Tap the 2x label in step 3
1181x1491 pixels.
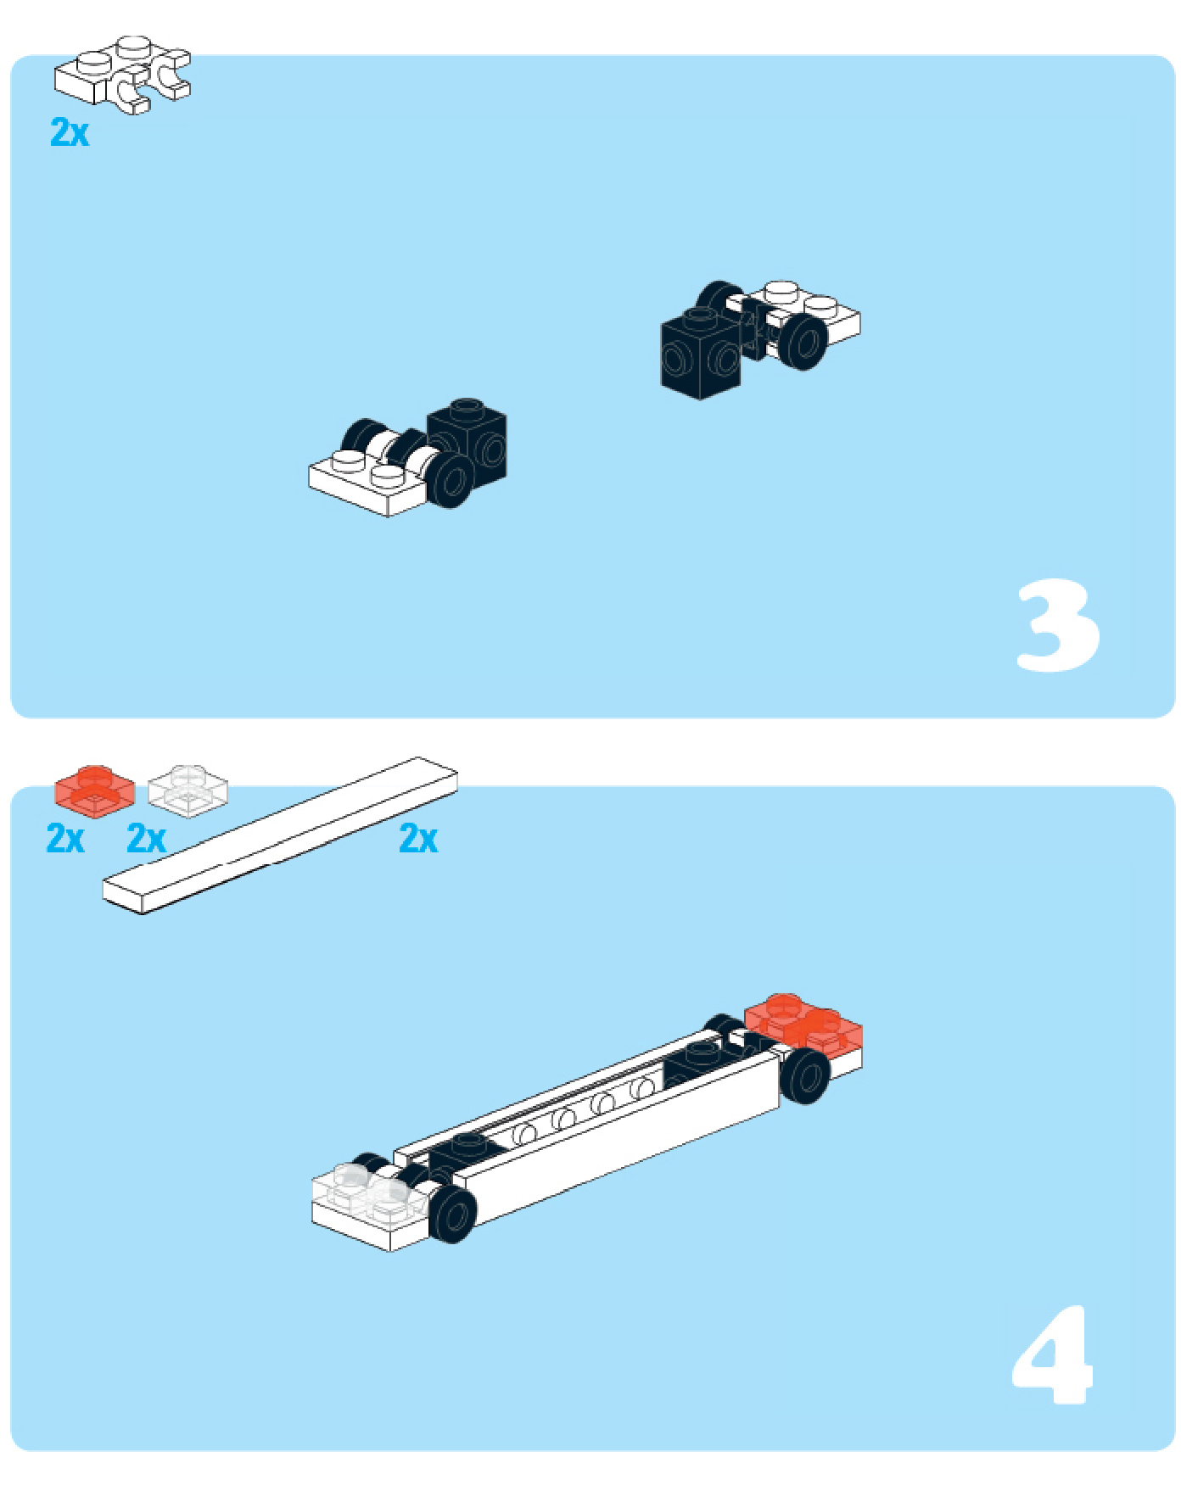pos(70,132)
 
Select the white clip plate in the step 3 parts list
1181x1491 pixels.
pos(123,75)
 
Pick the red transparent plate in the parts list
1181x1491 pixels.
pos(94,791)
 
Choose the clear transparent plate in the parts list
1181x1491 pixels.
pos(188,791)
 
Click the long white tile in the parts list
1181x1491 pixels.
pos(280,835)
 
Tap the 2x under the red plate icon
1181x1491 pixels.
pos(65,838)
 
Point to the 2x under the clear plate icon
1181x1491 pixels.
pos(146,838)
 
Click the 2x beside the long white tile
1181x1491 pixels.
pos(418,838)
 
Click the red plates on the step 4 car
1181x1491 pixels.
pos(804,1025)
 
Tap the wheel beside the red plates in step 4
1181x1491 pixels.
pos(805,1075)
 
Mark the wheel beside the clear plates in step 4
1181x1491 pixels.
pos(452,1215)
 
